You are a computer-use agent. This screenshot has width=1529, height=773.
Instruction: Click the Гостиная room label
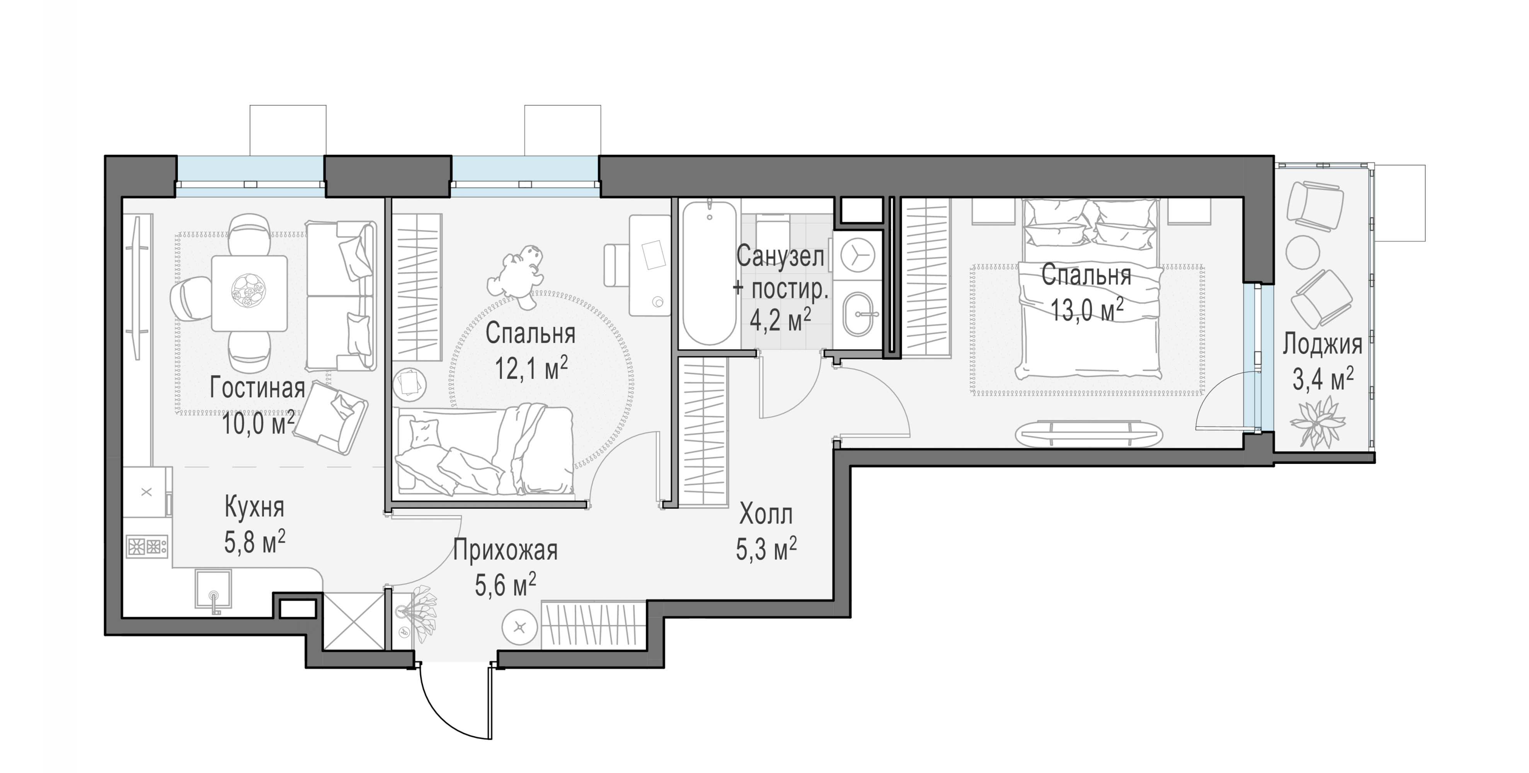click(257, 388)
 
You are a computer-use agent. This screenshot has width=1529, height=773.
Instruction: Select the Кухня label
click(255, 507)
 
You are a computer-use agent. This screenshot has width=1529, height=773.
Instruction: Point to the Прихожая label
click(505, 550)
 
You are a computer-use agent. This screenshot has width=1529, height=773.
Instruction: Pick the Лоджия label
click(1323, 345)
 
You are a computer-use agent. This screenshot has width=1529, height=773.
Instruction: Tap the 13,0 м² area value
click(1087, 309)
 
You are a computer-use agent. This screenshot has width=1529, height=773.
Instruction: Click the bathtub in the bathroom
click(709, 274)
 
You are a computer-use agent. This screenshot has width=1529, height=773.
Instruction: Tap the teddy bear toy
click(515, 276)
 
